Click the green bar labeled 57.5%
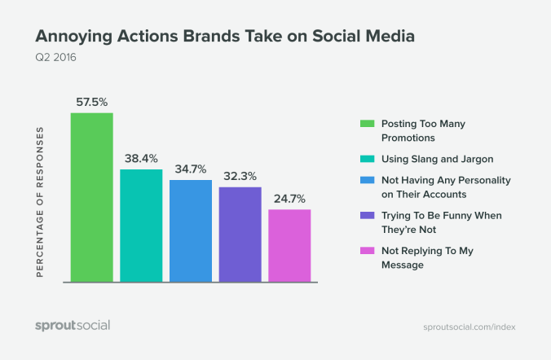tap(91, 198)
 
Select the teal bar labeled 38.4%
tap(141, 226)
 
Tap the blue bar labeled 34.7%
tap(191, 231)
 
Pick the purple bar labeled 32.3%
tap(240, 235)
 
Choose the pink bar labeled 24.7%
tap(289, 246)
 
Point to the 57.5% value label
tap(91, 103)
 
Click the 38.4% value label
tap(141, 159)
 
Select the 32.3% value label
tap(240, 177)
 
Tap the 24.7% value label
tap(289, 200)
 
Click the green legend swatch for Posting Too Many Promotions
tap(367, 124)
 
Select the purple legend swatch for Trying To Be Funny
tap(367, 216)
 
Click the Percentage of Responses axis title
tap(40, 202)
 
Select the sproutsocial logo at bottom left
tap(72, 326)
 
